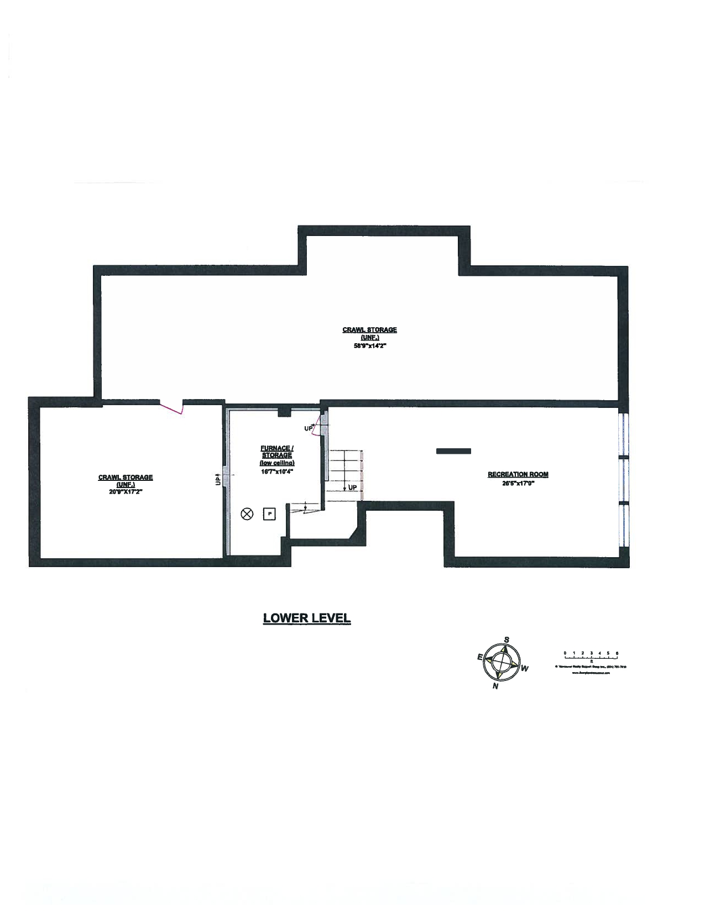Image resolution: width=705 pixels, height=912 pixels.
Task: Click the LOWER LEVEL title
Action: tap(306, 618)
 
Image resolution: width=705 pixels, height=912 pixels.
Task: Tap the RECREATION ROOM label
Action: tap(518, 474)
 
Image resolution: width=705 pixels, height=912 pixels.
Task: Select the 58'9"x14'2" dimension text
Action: tap(369, 345)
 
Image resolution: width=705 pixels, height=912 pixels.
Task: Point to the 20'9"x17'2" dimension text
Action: tap(126, 491)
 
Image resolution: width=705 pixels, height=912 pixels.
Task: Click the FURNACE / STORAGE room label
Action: tap(277, 452)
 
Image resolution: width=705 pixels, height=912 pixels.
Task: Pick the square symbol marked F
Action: tap(269, 514)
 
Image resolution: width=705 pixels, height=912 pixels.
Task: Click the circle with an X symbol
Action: tap(247, 514)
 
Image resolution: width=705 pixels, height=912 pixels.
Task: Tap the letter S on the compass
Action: tap(506, 640)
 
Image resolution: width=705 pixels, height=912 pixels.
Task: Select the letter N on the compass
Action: tap(495, 686)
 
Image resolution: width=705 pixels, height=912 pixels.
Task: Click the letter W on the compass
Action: tap(525, 669)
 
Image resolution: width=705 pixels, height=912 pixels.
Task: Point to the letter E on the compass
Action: tap(479, 657)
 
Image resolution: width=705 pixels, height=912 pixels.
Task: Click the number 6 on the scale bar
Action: tap(617, 653)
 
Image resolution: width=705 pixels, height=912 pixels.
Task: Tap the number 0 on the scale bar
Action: tap(565, 653)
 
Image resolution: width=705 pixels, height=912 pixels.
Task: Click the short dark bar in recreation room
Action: tap(453, 451)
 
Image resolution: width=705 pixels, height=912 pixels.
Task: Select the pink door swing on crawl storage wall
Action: tap(171, 407)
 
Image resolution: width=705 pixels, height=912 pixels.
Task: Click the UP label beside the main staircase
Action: tap(352, 488)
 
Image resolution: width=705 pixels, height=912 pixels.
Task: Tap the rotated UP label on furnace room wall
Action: tap(218, 479)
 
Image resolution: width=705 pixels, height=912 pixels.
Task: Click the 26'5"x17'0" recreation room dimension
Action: tap(518, 483)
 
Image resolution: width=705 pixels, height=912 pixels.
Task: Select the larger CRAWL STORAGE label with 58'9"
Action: tap(369, 330)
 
